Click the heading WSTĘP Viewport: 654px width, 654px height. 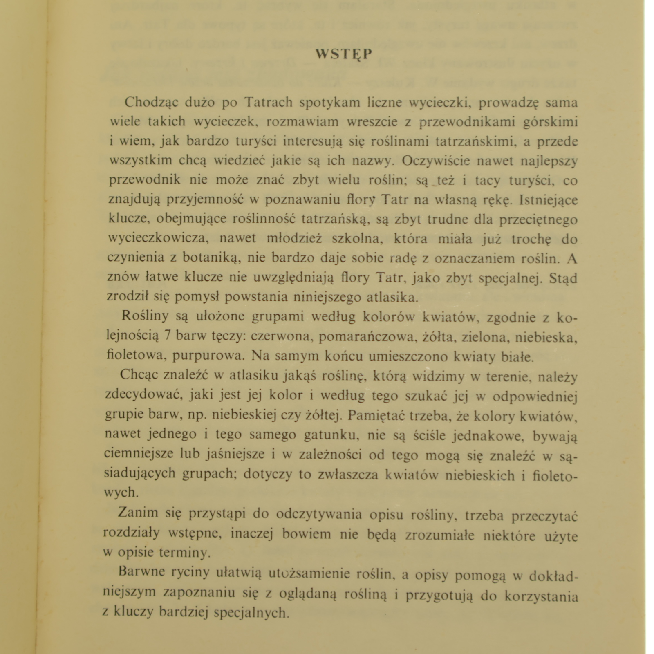click(x=344, y=54)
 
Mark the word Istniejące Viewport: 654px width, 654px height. click(x=548, y=200)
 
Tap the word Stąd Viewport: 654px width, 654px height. click(x=563, y=278)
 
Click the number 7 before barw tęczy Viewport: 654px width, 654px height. click(x=167, y=336)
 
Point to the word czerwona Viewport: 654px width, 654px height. click(x=282, y=336)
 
